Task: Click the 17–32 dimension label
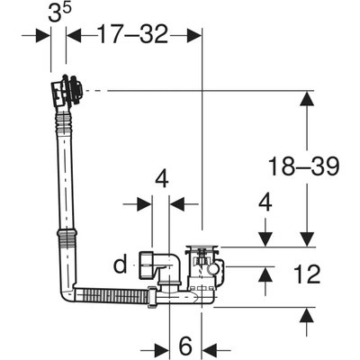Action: [133, 34]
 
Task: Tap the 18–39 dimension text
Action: [303, 166]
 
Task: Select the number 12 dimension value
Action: [307, 274]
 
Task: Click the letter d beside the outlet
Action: [121, 264]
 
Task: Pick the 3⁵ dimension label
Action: [60, 13]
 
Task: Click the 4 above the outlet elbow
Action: [162, 180]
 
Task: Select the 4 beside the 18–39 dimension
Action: [265, 202]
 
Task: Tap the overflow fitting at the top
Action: [67, 90]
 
